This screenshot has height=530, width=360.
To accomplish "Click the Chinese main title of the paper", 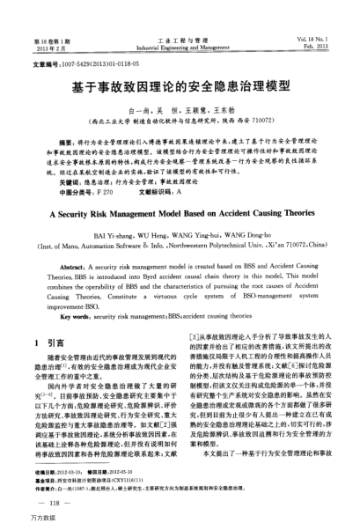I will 180,88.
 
